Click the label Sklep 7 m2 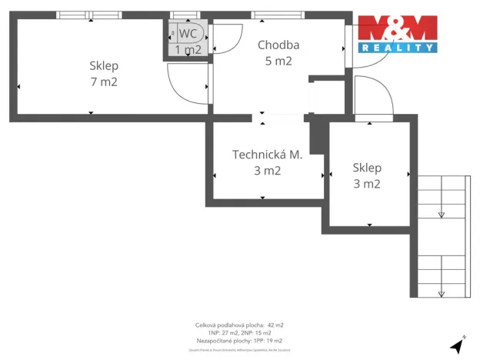click(x=103, y=73)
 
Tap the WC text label click(x=188, y=34)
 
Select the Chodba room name click(x=278, y=45)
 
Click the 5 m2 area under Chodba click(x=278, y=62)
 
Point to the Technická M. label click(x=267, y=155)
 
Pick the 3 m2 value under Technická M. click(x=267, y=171)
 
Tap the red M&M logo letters click(x=398, y=29)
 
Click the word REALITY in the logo click(x=398, y=48)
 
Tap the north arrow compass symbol click(x=458, y=344)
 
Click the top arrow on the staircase click(x=442, y=215)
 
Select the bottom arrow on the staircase click(x=442, y=293)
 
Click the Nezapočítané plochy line click(x=239, y=340)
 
